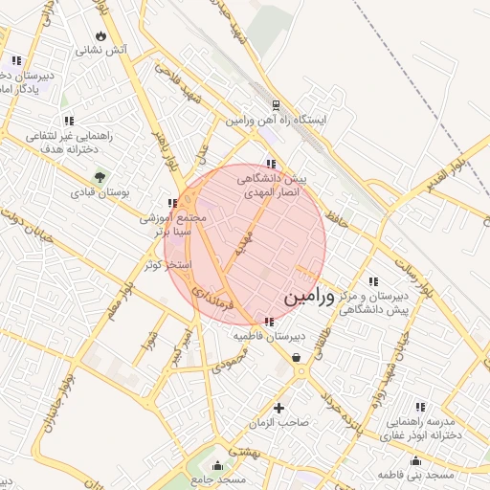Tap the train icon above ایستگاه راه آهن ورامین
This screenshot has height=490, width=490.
(276, 105)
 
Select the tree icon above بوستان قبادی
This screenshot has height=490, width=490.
(100, 177)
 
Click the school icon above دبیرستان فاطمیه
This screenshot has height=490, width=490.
(268, 322)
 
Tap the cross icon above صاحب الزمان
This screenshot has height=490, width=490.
(279, 407)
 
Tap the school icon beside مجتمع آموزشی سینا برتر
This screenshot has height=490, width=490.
(171, 203)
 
